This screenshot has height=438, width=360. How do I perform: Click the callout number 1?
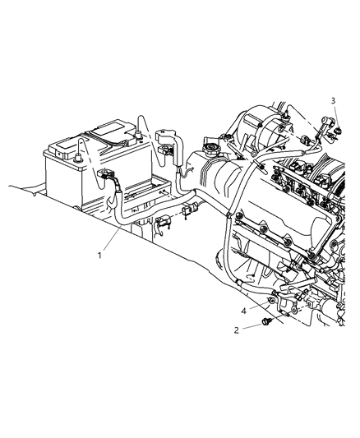click(99, 254)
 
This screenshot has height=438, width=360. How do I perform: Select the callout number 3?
click(334, 100)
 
